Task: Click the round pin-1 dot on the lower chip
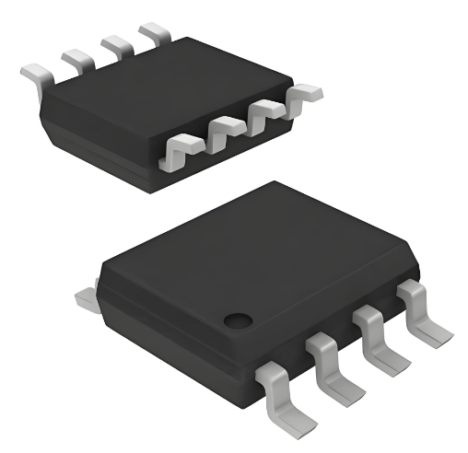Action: (x=239, y=320)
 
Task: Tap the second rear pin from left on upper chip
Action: (x=76, y=58)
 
